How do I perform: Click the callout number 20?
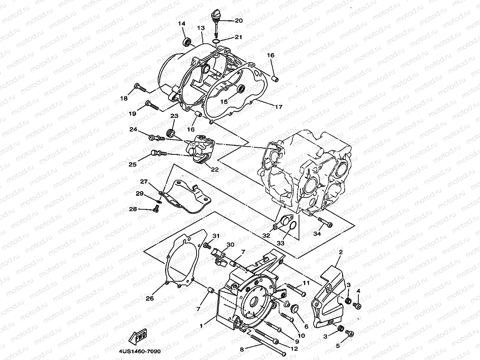point(239,21)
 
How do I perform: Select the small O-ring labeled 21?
point(218,41)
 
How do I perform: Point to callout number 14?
point(182,24)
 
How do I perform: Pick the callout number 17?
point(278,107)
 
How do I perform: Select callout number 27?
point(143,182)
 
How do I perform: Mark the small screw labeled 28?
point(156,210)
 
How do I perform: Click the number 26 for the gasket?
point(150,298)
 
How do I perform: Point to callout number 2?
point(341,252)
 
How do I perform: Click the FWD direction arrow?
point(138,335)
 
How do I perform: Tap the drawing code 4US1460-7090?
point(140,352)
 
